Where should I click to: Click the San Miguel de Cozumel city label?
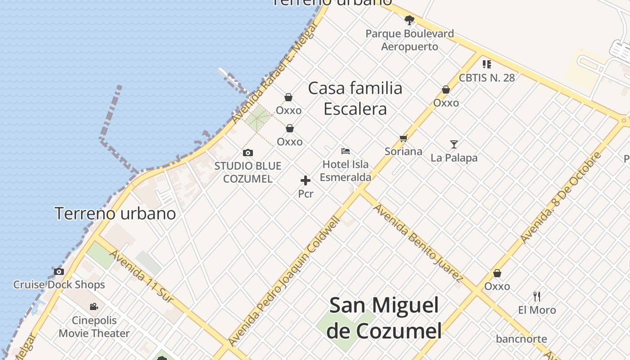click(384, 318)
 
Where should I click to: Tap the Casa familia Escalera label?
click(355, 99)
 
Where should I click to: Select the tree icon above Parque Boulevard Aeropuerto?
click(409, 20)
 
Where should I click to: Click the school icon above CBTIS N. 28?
click(486, 64)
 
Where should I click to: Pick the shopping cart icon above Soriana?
click(403, 139)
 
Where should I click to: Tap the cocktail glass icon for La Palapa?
click(454, 144)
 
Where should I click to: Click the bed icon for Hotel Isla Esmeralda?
click(346, 151)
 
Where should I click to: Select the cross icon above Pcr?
click(306, 181)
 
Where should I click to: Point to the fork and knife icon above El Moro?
click(536, 296)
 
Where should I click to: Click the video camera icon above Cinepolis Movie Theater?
click(94, 307)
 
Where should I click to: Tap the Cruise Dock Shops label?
click(59, 284)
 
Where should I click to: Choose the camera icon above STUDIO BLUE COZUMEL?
click(247, 153)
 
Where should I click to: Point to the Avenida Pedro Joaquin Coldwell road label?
click(284, 281)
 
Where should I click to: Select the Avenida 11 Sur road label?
click(141, 276)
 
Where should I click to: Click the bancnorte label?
click(522, 339)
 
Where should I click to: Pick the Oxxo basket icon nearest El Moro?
click(497, 273)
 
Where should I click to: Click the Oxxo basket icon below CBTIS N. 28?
click(446, 90)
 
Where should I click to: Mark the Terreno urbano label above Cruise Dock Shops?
click(115, 213)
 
